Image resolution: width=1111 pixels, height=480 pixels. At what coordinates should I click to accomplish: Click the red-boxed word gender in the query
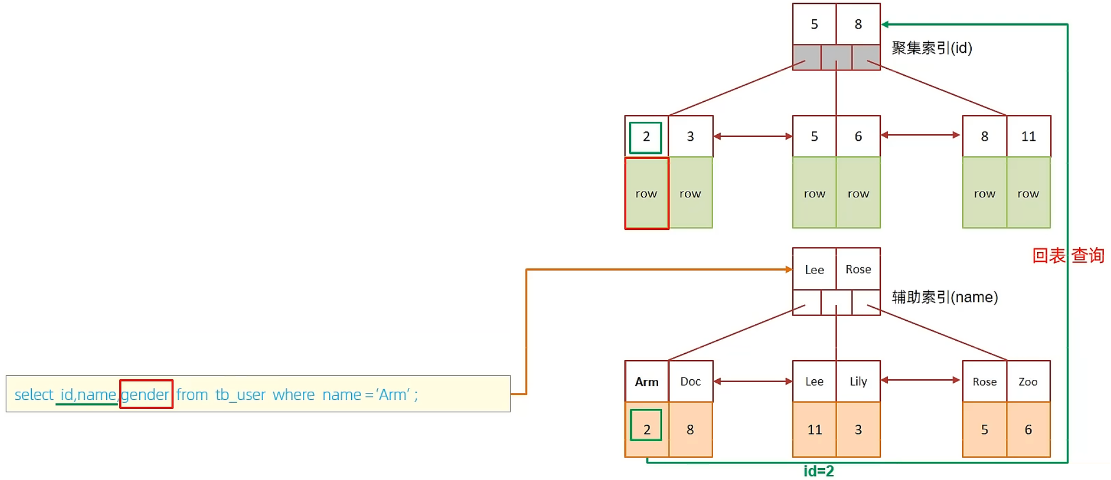coord(145,394)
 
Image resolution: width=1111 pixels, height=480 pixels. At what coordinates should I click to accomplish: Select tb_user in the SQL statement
coord(240,394)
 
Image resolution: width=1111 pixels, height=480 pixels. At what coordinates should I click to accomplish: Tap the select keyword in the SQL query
coord(34,394)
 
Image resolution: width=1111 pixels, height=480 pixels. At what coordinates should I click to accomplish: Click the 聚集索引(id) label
coord(932,48)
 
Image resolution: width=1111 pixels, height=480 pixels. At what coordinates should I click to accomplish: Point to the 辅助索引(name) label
coord(944,297)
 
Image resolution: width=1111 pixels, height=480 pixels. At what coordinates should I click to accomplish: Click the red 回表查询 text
coord(1068,255)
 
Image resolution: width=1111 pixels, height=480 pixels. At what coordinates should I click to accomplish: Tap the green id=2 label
coord(818,471)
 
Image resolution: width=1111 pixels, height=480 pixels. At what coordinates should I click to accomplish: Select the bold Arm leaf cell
coord(646,382)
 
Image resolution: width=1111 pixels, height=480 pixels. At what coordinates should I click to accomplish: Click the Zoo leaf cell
coord(1028,382)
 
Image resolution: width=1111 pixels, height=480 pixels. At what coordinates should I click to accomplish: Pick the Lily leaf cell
coord(858,382)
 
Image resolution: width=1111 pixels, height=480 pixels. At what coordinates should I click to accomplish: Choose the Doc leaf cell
coord(690,382)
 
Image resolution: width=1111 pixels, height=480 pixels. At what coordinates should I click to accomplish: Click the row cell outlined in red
coord(646,193)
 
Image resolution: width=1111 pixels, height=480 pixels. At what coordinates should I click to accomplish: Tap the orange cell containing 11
coord(814,429)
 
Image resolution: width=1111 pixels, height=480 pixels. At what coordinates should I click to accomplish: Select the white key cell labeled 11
coord(1028,136)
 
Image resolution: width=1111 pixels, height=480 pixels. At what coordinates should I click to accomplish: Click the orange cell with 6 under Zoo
coord(1028,429)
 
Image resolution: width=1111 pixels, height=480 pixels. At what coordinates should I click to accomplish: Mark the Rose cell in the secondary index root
coord(858,269)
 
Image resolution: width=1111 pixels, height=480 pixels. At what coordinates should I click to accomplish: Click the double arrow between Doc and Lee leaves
coord(752,381)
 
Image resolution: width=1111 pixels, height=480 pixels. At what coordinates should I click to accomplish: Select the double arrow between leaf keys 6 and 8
coord(921,135)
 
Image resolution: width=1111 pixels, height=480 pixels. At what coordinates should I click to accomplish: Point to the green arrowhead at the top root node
coord(885,24)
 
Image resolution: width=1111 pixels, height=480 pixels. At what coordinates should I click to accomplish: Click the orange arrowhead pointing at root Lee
coord(789,270)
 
